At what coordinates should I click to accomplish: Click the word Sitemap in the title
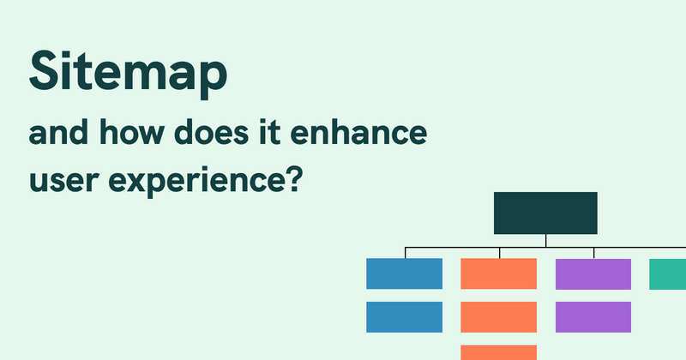pos(129,73)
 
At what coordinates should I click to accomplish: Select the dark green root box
pos(545,213)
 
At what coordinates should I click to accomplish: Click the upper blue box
pos(404,273)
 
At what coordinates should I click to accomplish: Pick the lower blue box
pos(404,317)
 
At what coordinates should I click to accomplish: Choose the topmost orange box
pos(498,273)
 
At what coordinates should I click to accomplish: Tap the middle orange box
pos(498,317)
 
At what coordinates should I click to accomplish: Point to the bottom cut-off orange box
pos(498,352)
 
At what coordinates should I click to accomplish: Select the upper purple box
pos(593,273)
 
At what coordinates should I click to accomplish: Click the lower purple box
pos(593,317)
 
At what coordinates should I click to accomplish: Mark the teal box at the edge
pos(668,273)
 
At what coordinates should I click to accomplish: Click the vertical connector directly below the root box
pos(545,241)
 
